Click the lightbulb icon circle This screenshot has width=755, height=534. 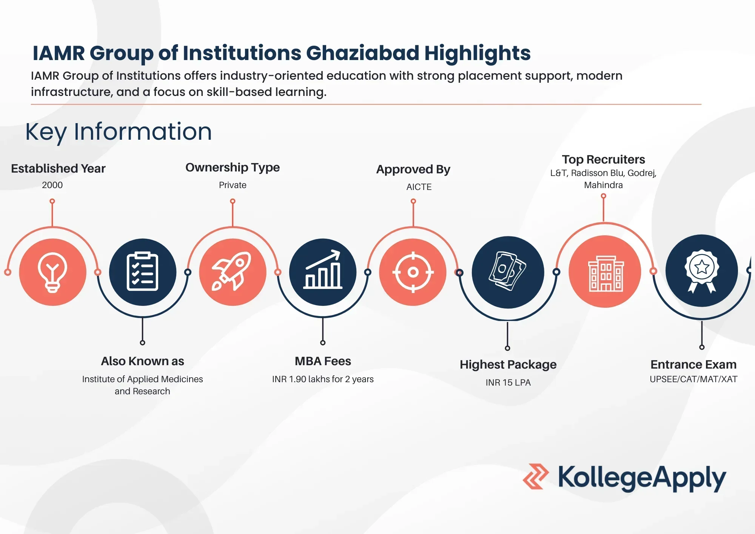click(x=52, y=272)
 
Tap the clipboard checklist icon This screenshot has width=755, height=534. click(x=142, y=272)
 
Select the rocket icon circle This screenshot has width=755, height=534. click(x=233, y=272)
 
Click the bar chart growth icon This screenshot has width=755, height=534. click(x=323, y=272)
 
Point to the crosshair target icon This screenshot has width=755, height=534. click(x=413, y=272)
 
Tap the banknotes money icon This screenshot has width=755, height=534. click(x=508, y=272)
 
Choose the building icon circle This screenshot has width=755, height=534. click(x=605, y=272)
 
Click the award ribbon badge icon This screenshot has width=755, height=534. click(x=701, y=271)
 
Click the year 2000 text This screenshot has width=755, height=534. click(x=52, y=185)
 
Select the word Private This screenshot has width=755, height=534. click(x=233, y=185)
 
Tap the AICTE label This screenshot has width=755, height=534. click(x=419, y=187)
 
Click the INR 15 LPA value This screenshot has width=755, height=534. click(x=508, y=383)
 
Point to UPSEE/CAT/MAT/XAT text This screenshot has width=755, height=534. click(x=693, y=379)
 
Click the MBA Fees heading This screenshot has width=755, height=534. click(x=323, y=361)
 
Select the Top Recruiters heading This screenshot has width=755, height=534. click(x=603, y=159)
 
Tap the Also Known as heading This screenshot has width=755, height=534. click(x=142, y=361)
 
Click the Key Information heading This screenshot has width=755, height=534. click(x=119, y=132)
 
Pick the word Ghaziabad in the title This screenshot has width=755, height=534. click(x=362, y=53)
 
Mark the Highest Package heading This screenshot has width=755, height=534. click(x=508, y=365)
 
